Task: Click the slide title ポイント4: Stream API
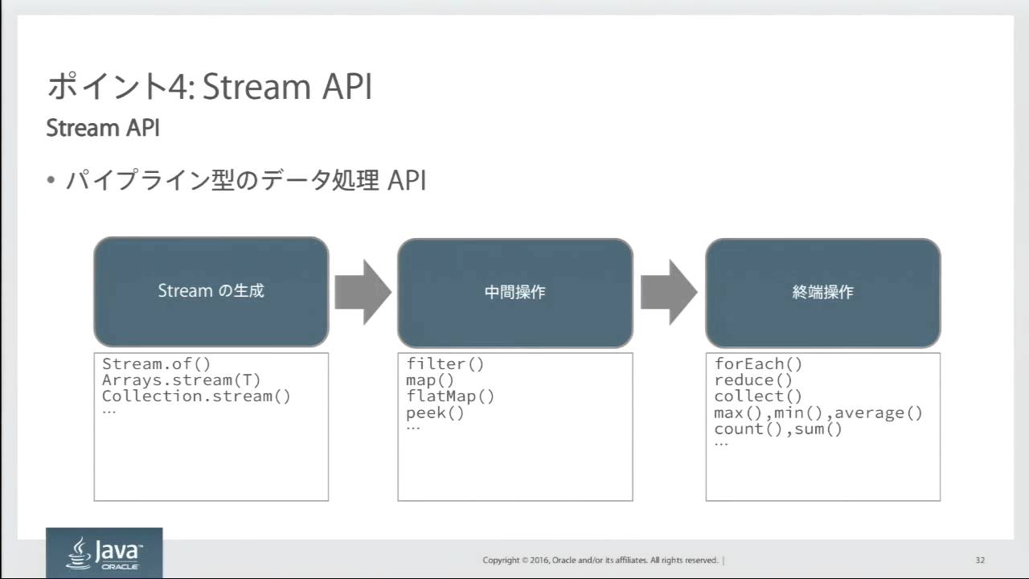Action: [210, 86]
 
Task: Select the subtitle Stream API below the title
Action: [103, 128]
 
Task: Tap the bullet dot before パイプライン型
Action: [51, 179]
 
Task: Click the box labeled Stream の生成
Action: [211, 291]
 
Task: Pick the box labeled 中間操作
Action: [515, 293]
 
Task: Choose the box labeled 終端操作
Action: [822, 293]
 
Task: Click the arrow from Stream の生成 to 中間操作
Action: [363, 292]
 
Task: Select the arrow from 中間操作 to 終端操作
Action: [669, 292]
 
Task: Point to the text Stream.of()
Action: [156, 364]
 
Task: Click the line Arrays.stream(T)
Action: [182, 380]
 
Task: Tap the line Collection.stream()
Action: [197, 396]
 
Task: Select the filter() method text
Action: [445, 364]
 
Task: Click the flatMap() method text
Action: [450, 396]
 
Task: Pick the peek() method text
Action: [435, 413]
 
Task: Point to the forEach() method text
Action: [758, 364]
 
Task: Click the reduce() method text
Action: [753, 380]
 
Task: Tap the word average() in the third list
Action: [879, 413]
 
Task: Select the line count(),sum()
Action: [778, 429]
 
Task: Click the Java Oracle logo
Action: [105, 552]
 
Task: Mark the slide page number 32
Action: [980, 561]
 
